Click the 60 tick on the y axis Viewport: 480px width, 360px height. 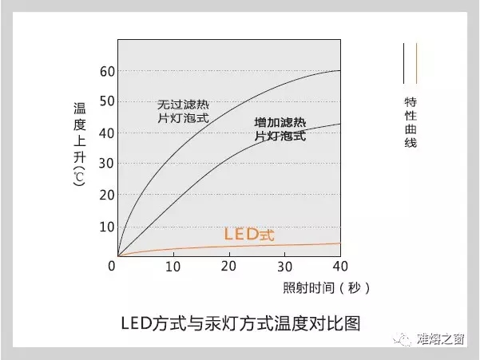107,71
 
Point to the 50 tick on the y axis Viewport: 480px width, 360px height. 107,102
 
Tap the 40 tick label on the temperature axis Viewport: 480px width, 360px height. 107,133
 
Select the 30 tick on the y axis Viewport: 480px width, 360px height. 107,164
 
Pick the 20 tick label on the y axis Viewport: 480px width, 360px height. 107,196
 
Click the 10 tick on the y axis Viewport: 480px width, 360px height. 107,227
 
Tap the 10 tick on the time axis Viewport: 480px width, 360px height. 173,266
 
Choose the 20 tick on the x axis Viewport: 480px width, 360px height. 229,266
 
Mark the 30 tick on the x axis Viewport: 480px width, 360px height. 285,266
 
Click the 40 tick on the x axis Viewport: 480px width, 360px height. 341,266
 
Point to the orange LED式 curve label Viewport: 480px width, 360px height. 248,235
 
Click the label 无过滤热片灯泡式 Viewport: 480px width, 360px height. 183,111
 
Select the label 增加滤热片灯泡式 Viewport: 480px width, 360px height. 280,130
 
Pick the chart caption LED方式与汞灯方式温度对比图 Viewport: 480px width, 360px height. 240,325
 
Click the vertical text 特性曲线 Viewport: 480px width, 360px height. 411,122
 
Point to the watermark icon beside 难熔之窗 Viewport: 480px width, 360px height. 407,339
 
